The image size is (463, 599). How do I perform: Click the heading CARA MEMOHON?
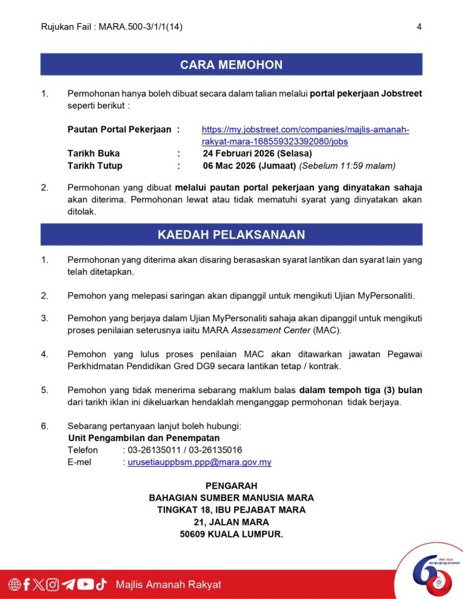231,65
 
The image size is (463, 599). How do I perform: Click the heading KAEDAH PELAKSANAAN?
231,235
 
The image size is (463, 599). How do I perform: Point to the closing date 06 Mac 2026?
249,166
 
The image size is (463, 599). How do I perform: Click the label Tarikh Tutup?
95,166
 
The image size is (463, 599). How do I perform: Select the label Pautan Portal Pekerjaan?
119,130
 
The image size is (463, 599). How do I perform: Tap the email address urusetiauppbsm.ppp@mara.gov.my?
199,462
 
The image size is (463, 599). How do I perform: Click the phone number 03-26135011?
154,450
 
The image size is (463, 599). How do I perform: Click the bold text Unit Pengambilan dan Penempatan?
144,438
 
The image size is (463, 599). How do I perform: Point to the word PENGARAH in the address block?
231,486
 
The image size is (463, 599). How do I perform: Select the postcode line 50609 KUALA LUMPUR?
231,534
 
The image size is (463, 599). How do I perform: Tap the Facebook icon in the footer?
26,584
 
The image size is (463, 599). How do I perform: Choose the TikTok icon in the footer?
101,584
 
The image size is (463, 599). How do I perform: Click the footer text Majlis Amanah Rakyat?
169,584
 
